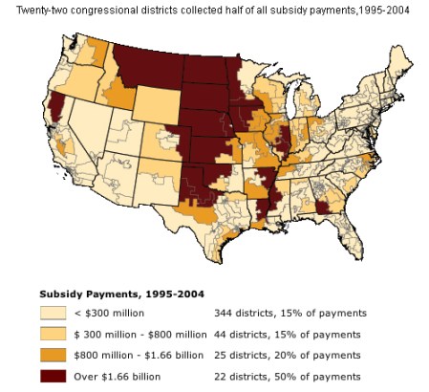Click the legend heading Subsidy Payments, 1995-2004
point(117,294)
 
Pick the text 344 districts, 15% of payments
point(285,313)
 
